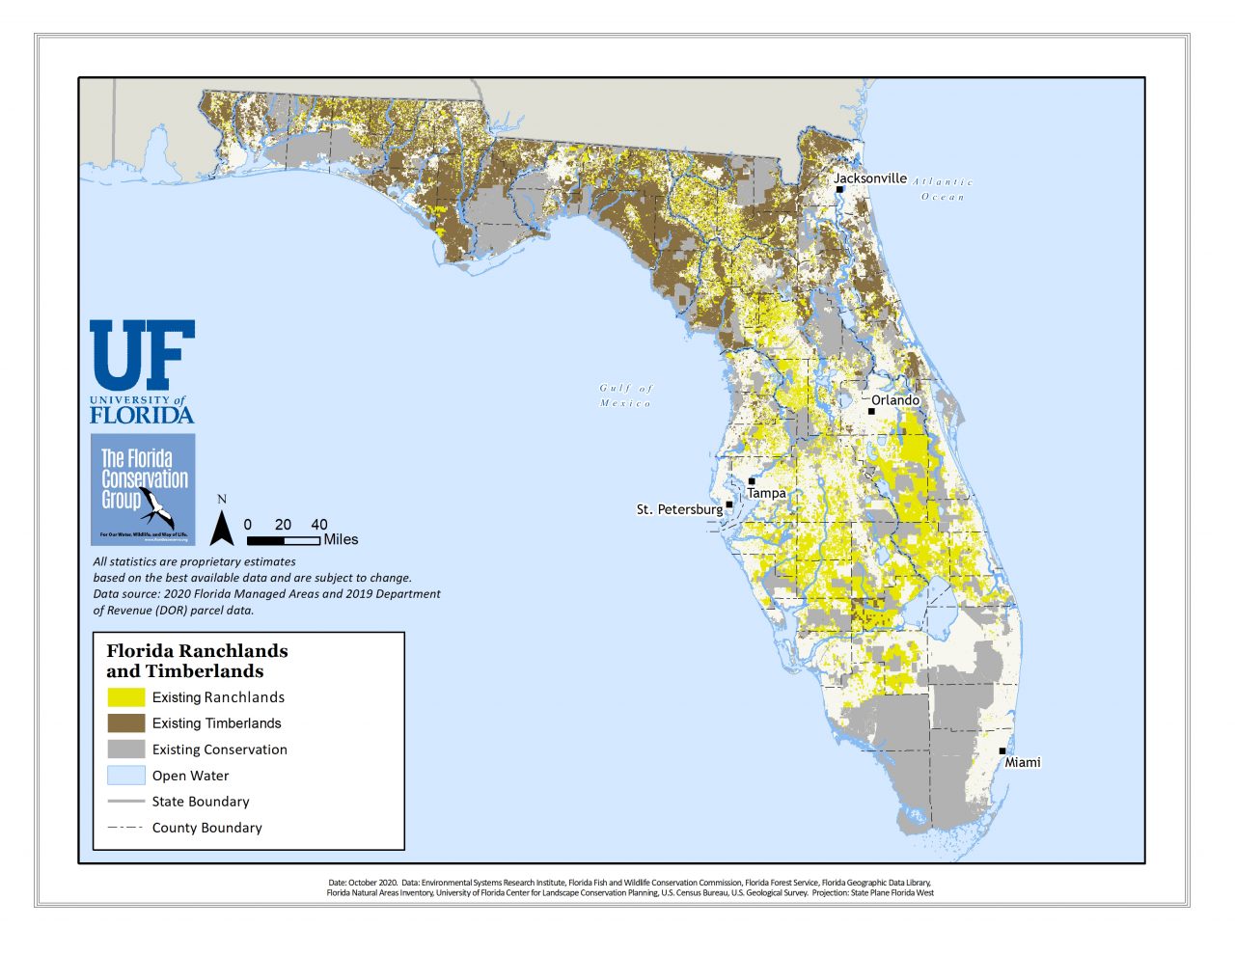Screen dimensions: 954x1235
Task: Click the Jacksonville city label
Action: pos(869,178)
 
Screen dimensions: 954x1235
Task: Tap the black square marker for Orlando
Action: pos(871,411)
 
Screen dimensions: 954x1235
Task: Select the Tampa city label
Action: pos(766,493)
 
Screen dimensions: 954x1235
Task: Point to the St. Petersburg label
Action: pos(679,509)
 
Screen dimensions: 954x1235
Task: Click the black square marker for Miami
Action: pos(1002,750)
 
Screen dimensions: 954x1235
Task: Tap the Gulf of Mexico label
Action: pos(626,395)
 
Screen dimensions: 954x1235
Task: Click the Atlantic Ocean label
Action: pos(943,189)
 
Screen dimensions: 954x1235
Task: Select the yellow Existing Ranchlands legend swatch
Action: pos(125,696)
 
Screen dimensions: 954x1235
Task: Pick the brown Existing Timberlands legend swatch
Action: pos(125,722)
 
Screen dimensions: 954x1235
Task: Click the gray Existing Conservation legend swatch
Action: pos(125,749)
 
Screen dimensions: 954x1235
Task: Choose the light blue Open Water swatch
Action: pos(125,775)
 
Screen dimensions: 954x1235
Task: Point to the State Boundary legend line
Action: pos(125,801)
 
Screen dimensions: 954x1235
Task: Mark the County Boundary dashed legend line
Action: pos(125,827)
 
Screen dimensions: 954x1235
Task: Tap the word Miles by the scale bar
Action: pos(341,539)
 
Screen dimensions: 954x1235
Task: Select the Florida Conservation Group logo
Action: pos(144,489)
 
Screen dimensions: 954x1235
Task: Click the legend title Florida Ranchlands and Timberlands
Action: pos(197,661)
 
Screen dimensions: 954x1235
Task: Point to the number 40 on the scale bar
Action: pos(319,525)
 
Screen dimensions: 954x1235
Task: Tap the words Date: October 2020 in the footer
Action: pos(363,883)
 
